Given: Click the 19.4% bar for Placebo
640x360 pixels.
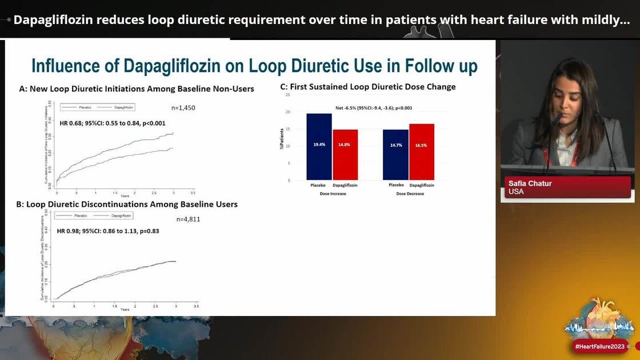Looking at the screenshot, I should (319, 146).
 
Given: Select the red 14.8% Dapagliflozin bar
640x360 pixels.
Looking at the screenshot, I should (345, 154).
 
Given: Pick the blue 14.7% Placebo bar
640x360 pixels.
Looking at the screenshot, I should (395, 154).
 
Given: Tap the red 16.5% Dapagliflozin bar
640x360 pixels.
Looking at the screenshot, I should (422, 151).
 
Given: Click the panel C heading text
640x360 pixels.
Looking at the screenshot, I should (367, 87).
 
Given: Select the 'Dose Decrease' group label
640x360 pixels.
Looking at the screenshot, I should (409, 194).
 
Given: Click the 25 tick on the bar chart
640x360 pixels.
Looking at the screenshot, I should (288, 95).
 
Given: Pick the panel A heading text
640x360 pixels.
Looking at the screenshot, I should (137, 89).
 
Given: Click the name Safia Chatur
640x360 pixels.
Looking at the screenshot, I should (530, 183).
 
